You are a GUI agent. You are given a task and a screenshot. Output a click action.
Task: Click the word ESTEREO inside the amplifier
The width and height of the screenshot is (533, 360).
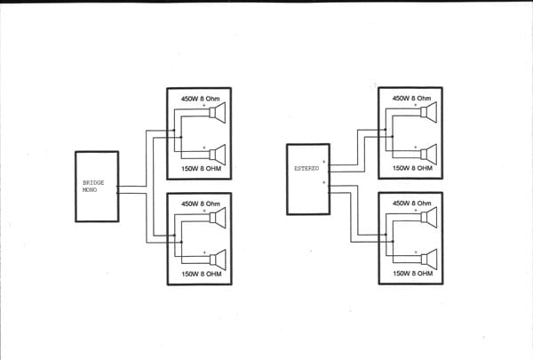(x=306, y=167)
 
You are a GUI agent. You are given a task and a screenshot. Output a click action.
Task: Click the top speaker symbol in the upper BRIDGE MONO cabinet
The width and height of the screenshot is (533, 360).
(x=218, y=113)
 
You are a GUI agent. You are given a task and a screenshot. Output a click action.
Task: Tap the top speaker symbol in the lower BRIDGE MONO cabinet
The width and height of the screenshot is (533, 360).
(x=218, y=218)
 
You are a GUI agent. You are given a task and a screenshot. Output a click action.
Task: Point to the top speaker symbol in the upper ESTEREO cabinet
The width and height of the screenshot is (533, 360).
(x=430, y=113)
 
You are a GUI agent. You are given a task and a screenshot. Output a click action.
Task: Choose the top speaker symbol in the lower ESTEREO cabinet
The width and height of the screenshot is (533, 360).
(x=430, y=218)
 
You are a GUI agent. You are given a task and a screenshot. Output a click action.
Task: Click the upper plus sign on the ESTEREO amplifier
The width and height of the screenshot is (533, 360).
(x=324, y=162)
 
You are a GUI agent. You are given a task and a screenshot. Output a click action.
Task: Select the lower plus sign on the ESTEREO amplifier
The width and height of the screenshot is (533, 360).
(x=324, y=182)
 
